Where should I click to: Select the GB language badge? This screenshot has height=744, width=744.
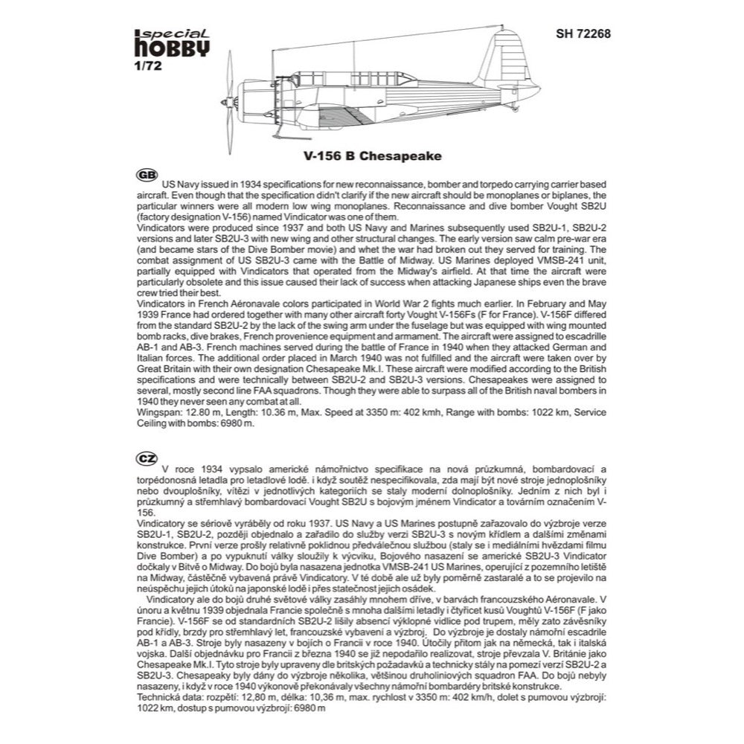tap(147, 175)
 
